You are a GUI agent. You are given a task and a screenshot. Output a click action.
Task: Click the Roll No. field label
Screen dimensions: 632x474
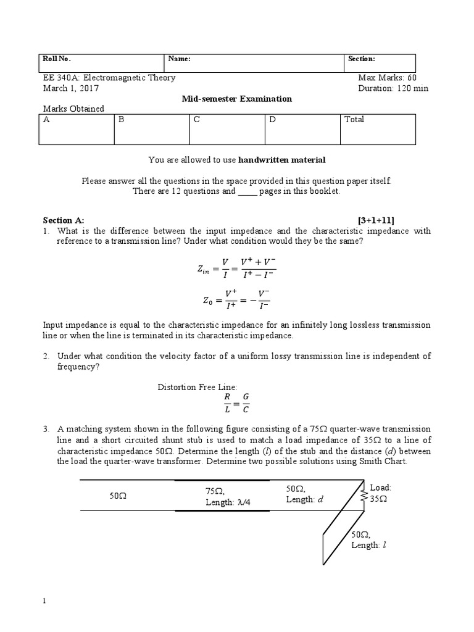point(57,59)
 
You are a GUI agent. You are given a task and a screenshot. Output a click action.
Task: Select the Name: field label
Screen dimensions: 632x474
point(180,59)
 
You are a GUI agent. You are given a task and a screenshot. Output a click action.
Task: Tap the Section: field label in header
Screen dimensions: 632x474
point(361,59)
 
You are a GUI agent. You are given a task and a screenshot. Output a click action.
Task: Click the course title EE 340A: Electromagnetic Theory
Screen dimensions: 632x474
point(109,78)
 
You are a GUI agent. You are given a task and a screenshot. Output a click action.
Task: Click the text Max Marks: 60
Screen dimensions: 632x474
point(387,78)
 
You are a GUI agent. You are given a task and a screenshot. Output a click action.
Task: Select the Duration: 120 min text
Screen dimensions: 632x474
point(393,88)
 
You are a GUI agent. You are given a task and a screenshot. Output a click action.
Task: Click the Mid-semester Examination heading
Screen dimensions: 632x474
point(236,99)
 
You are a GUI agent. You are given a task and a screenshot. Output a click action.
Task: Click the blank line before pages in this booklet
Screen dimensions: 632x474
point(246,191)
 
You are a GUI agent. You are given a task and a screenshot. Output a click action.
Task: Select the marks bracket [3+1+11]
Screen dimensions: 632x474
point(376,220)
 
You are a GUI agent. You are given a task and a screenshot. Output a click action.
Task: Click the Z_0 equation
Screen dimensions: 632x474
point(236,300)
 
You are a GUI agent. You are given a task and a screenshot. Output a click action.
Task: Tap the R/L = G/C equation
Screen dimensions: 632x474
point(236,402)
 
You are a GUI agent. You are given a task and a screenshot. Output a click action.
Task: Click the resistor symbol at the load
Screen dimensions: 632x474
point(364,495)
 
